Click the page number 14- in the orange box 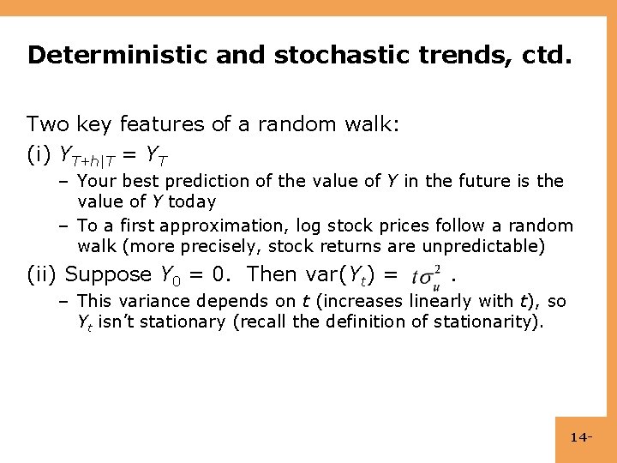(x=582, y=438)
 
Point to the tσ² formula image (x=426, y=275)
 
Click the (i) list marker (x=39, y=155)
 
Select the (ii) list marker (x=43, y=275)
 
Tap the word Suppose (x=109, y=275)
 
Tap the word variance (x=155, y=302)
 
